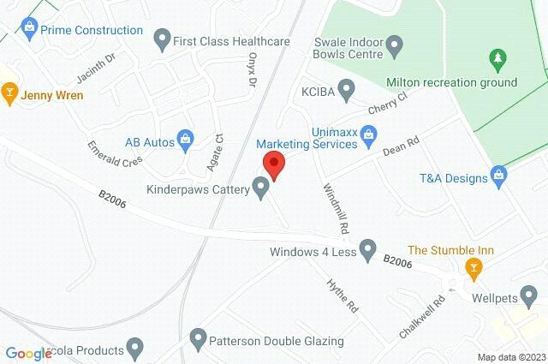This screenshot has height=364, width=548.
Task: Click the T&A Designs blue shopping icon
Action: (x=501, y=178)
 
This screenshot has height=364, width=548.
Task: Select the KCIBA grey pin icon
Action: (x=346, y=88)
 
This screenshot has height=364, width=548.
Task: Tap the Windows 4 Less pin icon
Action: (x=368, y=252)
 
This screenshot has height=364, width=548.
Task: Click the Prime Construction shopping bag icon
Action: (x=30, y=30)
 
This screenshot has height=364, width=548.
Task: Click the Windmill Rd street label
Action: (x=336, y=209)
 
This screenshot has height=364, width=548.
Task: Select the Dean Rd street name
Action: (x=399, y=149)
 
